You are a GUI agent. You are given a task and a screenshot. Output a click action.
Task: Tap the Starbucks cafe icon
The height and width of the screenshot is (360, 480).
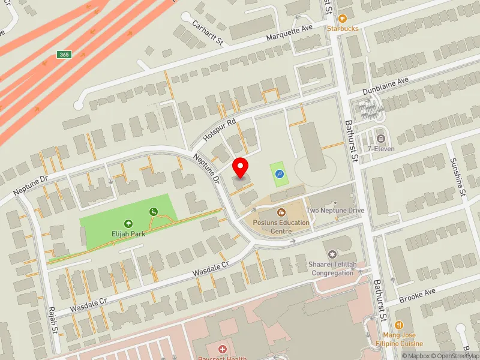click(x=343, y=19)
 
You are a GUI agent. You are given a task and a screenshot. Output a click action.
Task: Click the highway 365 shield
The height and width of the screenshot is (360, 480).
click(x=64, y=55)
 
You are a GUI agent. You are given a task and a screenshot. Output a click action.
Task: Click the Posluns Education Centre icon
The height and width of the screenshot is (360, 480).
click(x=281, y=212)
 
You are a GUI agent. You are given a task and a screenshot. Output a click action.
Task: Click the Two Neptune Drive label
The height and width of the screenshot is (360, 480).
click(x=335, y=211)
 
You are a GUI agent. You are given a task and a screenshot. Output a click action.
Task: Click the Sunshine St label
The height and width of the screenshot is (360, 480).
click(x=459, y=177)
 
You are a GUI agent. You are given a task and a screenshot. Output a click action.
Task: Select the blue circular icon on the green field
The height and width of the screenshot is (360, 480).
click(x=279, y=174)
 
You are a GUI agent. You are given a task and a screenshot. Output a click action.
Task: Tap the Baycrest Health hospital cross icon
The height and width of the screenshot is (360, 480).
click(x=223, y=349)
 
